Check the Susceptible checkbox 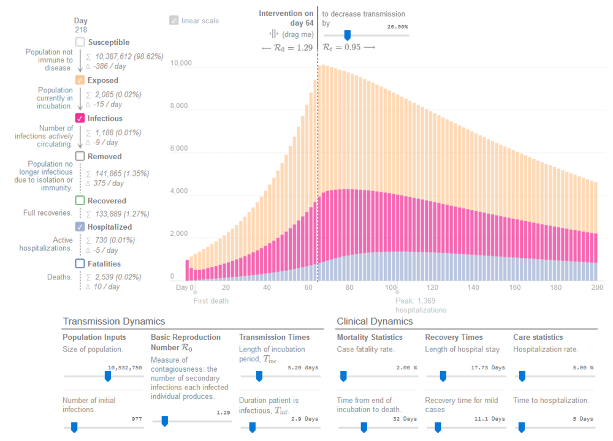[80, 42]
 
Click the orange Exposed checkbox [80, 80]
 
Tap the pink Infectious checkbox [80, 118]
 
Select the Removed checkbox [80, 156]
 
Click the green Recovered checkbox [80, 200]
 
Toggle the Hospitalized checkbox [80, 226]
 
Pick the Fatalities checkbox [80, 264]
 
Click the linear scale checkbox [174, 20]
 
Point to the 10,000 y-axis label [181, 63]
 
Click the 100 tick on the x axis [390, 287]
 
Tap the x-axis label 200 [596, 287]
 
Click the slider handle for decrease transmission [347, 36]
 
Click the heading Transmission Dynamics [113, 321]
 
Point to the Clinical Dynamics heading [375, 321]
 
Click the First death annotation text [211, 301]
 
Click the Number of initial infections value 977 [137, 419]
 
